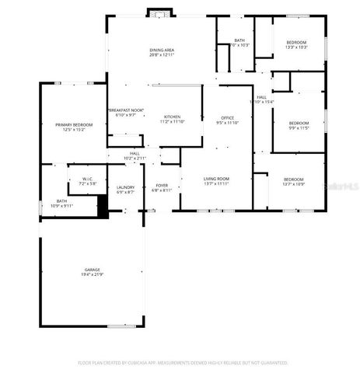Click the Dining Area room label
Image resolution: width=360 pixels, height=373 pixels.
pyautogui.click(x=162, y=51)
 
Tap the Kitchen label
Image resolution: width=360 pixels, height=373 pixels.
pyautogui.click(x=172, y=117)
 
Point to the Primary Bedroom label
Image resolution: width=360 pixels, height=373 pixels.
pyautogui.click(x=74, y=124)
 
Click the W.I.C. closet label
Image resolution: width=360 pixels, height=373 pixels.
pyautogui.click(x=88, y=179)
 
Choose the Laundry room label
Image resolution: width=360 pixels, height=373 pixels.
pyautogui.click(x=125, y=186)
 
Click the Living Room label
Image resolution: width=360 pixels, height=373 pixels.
pyautogui.click(x=216, y=179)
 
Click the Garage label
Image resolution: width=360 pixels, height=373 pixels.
pyautogui.click(x=93, y=270)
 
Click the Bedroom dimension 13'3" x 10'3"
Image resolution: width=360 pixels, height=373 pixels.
pyautogui.click(x=296, y=47)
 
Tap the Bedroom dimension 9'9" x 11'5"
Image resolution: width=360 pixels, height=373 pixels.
pyautogui.click(x=299, y=127)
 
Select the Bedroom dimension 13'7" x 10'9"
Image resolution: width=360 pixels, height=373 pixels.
pyautogui.click(x=293, y=184)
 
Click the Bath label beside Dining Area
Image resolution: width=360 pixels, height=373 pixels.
pyautogui.click(x=239, y=40)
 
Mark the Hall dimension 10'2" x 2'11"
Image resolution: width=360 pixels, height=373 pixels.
pyautogui.click(x=135, y=159)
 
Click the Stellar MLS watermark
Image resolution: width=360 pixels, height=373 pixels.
pyautogui.click(x=342, y=186)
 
